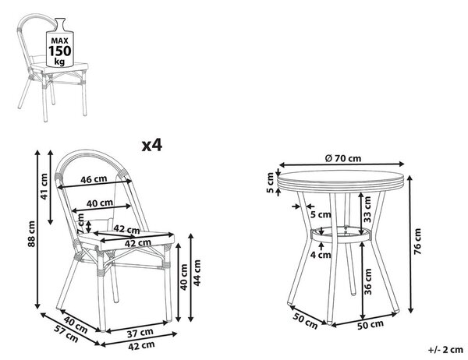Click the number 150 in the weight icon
(x=60, y=51)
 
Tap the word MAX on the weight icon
(x=60, y=41)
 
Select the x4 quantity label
(x=151, y=145)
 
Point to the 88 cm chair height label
(x=31, y=234)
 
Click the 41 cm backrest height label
(x=44, y=186)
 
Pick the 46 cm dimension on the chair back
(x=94, y=179)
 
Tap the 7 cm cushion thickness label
(x=80, y=224)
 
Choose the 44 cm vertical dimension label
(x=197, y=273)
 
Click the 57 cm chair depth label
(x=66, y=334)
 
